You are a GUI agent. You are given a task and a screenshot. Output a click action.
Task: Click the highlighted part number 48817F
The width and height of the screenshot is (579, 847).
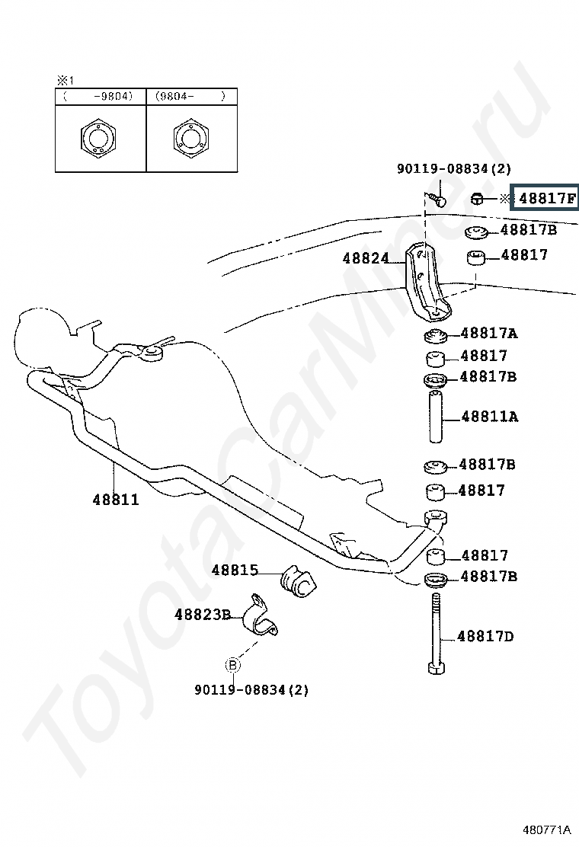(x=546, y=198)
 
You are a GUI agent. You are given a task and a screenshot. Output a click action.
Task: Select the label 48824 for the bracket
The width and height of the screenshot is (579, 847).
(x=366, y=258)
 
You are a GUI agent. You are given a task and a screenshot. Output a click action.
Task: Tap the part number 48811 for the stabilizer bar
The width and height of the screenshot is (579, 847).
(x=116, y=499)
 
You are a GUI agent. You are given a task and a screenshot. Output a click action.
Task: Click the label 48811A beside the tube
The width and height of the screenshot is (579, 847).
(x=489, y=417)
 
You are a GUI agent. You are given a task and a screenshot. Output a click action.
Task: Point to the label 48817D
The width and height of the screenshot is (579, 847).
(x=485, y=636)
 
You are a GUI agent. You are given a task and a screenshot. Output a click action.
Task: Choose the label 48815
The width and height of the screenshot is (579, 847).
(x=235, y=570)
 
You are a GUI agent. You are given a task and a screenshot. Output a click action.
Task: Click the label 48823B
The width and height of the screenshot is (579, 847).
(x=203, y=614)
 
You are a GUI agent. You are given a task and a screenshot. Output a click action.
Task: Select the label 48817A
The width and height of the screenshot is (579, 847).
(x=489, y=334)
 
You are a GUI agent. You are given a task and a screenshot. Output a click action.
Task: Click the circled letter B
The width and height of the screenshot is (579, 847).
(x=232, y=665)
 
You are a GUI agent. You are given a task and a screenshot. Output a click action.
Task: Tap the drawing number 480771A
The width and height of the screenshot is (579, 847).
(x=546, y=829)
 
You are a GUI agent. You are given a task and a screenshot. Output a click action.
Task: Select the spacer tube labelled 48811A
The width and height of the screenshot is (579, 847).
(x=436, y=417)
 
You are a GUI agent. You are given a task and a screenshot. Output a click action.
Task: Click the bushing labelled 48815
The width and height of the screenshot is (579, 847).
(x=297, y=581)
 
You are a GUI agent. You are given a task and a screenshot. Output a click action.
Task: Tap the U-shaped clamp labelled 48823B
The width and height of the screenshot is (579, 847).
(x=258, y=615)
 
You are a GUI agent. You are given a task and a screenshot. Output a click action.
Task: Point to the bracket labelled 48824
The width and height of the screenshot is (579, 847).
(x=427, y=283)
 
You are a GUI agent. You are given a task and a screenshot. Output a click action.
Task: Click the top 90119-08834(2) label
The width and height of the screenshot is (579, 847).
(x=454, y=169)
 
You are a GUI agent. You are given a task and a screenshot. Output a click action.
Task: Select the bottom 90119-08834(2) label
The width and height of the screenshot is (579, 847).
(x=251, y=690)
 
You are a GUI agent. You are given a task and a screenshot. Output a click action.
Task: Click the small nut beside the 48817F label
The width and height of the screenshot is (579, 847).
(x=476, y=199)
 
